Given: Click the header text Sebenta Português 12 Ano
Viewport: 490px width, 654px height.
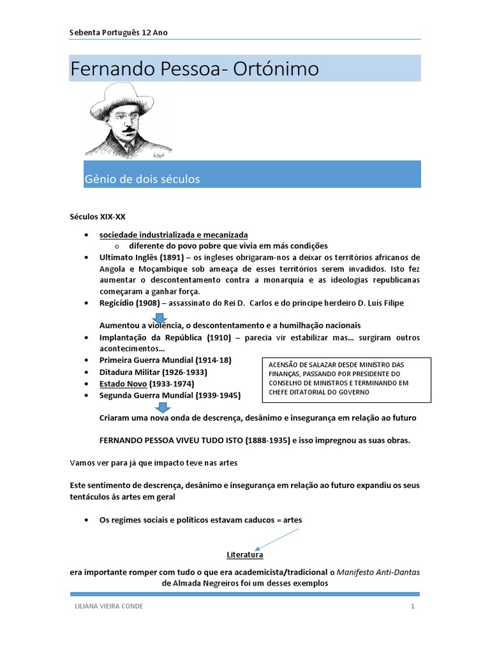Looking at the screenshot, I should click(x=118, y=33).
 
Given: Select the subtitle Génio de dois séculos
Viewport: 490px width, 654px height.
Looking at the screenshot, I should click(x=142, y=179).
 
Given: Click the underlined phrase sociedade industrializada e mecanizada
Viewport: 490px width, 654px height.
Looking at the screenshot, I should click(x=174, y=234).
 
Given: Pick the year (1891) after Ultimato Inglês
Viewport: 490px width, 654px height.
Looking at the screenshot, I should click(x=169, y=257).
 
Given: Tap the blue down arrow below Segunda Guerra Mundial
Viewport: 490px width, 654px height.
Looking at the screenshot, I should click(x=163, y=407).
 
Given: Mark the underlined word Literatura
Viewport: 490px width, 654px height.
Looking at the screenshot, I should click(x=245, y=555).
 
